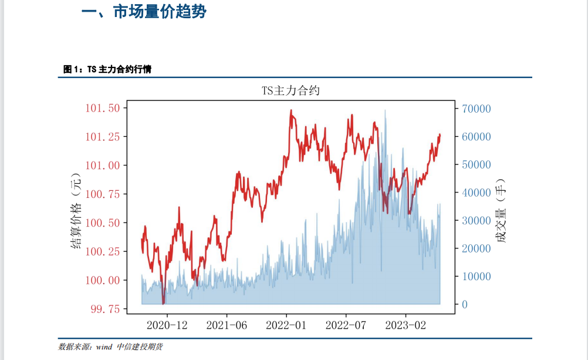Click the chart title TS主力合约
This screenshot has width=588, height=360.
(290, 91)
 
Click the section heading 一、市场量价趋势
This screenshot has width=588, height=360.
(144, 12)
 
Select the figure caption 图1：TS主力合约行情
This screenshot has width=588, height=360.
(107, 69)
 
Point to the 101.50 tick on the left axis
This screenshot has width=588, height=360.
(103, 108)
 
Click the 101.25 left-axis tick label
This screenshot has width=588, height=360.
(103, 137)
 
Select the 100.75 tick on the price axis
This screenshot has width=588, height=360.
(103, 194)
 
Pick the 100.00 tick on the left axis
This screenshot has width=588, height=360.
(103, 280)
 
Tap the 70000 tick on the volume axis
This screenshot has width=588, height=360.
(477, 109)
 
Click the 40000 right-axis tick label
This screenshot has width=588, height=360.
(477, 193)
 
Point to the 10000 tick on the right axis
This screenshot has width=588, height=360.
(477, 277)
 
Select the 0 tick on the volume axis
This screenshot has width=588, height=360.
(465, 304)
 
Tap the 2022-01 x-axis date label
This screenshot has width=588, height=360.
(286, 324)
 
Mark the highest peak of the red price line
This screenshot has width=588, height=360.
(290, 110)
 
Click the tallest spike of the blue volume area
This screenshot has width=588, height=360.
(385, 110)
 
